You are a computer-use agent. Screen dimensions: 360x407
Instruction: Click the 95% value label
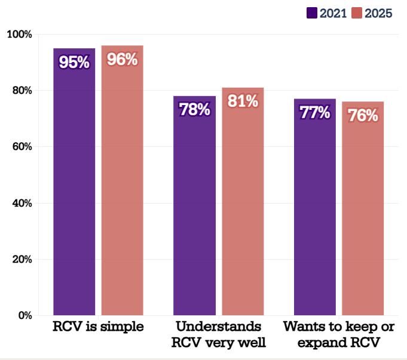pyautogui.click(x=74, y=62)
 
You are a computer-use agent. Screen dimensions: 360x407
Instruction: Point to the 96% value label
pyautogui.click(x=123, y=60)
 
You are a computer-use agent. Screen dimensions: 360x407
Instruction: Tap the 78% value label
pyautogui.click(x=195, y=110)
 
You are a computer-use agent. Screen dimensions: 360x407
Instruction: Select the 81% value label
pyautogui.click(x=243, y=101)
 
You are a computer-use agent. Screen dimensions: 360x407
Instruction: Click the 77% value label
pyautogui.click(x=315, y=112)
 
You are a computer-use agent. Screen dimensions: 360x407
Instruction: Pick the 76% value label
pyautogui.click(x=363, y=116)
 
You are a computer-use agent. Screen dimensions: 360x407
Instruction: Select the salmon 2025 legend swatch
pyautogui.click(x=357, y=13)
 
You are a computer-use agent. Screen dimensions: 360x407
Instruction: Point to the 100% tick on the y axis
pyautogui.click(x=19, y=35)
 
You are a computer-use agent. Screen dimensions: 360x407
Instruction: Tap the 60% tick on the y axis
pyautogui.click(x=22, y=147)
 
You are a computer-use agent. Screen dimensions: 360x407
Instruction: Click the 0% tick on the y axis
pyautogui.click(x=24, y=315)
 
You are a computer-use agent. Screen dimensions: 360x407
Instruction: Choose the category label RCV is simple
pyautogui.click(x=97, y=327)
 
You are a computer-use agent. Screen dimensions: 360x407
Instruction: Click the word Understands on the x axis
pyautogui.click(x=219, y=327)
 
